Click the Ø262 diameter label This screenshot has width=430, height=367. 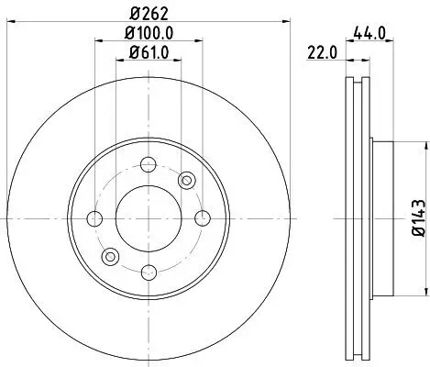pyautogui.click(x=148, y=15)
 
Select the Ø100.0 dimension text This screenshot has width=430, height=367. pyautogui.click(x=148, y=37)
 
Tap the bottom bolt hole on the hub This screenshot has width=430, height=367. pyautogui.click(x=148, y=271)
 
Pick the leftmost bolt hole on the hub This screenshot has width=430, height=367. pyautogui.click(x=94, y=218)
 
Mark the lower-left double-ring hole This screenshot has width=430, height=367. pyautogui.click(x=110, y=256)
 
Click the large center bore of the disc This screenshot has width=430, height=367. pyautogui.click(x=148, y=218)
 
